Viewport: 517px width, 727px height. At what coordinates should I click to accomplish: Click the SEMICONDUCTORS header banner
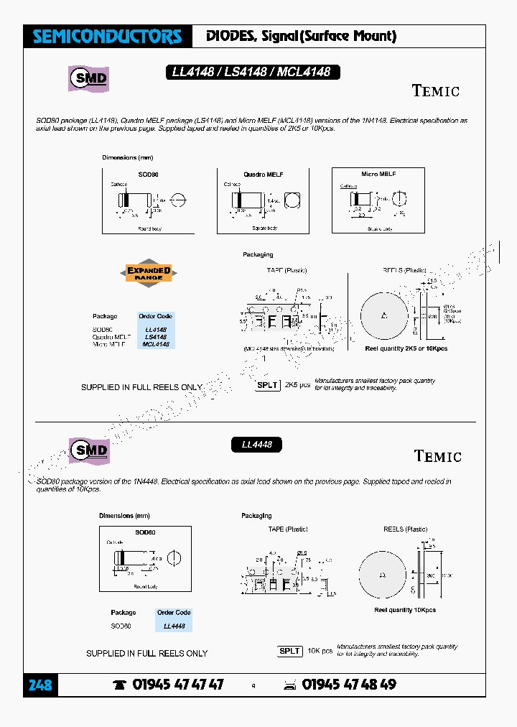click(108, 37)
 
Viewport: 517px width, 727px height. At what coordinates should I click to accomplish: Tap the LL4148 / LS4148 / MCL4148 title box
click(251, 72)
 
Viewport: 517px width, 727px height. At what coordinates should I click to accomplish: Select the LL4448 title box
click(256, 445)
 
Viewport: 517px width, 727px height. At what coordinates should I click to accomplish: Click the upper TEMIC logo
click(436, 91)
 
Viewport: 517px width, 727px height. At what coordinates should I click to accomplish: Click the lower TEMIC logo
click(437, 456)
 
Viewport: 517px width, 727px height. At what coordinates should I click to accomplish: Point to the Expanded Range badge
click(149, 273)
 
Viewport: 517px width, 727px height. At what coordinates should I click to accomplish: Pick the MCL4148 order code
click(156, 344)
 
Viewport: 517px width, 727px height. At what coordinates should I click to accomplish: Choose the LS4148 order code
click(156, 337)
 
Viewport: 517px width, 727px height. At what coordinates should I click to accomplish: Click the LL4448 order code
click(174, 626)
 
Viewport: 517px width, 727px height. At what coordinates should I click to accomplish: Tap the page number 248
click(40, 685)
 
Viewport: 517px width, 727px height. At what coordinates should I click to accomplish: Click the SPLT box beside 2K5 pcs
click(268, 385)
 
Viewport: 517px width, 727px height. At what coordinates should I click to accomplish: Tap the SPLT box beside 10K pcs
click(289, 651)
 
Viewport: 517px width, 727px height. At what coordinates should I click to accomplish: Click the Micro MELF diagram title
click(378, 174)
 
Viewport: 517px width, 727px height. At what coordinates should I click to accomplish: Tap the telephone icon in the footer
click(119, 685)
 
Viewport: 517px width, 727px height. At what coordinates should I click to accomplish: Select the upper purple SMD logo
click(89, 78)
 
